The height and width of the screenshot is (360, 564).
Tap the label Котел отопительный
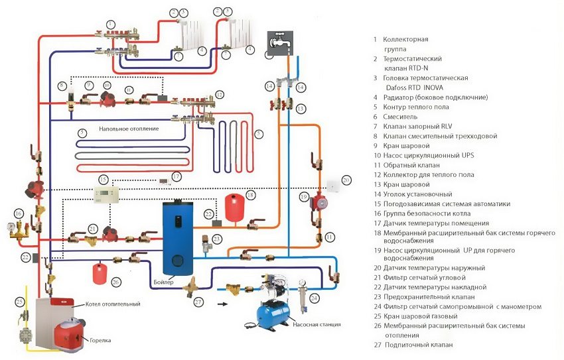click(x=112, y=304)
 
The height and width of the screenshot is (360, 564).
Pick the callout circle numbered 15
click(x=103, y=180)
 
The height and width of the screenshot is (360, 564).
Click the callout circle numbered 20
click(x=346, y=180)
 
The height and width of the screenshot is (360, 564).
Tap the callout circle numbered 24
click(x=315, y=298)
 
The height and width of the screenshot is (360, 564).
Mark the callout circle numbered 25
click(x=20, y=302)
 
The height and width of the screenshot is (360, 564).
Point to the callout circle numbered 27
click(x=198, y=302)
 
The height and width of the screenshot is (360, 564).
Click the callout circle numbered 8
click(x=61, y=86)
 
